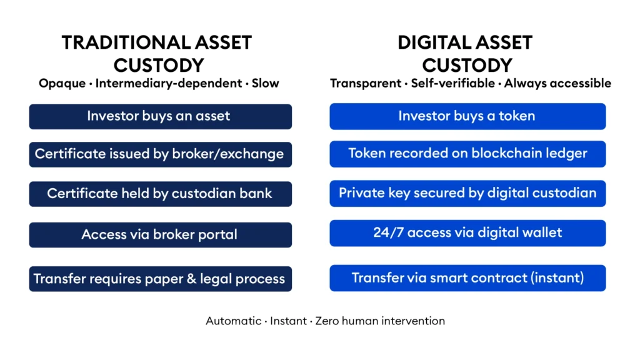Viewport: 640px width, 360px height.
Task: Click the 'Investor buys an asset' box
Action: pyautogui.click(x=160, y=116)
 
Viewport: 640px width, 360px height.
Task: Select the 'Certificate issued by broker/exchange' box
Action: pyautogui.click(x=160, y=154)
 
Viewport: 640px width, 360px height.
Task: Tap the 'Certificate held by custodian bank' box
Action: pyautogui.click(x=160, y=194)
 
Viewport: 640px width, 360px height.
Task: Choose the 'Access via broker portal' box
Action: pyautogui.click(x=160, y=235)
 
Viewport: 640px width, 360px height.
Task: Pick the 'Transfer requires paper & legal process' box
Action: pyautogui.click(x=160, y=279)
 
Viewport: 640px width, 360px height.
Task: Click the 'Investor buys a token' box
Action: pyautogui.click(x=467, y=116)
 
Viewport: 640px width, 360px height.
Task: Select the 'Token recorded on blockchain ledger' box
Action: pyautogui.click(x=467, y=154)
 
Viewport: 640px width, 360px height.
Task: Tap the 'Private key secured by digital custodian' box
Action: pyautogui.click(x=467, y=193)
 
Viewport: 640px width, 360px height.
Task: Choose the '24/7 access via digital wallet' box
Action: pyautogui.click(x=467, y=233)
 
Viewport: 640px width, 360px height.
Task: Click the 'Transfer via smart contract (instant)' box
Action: pyautogui.click(x=467, y=278)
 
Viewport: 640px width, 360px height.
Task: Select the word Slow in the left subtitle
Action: pyautogui.click(x=266, y=83)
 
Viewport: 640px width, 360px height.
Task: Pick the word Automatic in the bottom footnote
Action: pyautogui.click(x=234, y=321)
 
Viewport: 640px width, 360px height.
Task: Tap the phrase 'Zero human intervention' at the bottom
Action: pyautogui.click(x=380, y=321)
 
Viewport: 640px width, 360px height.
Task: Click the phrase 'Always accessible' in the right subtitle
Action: pyautogui.click(x=557, y=83)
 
